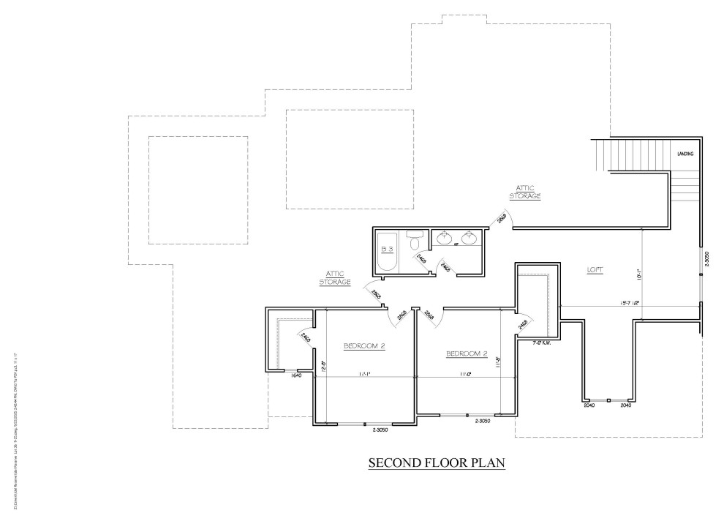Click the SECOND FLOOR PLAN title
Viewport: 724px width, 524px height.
point(437,463)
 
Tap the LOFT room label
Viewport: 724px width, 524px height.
point(595,270)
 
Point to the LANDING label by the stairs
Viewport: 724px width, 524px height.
point(685,154)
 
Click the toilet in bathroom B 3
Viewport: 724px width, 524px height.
point(415,242)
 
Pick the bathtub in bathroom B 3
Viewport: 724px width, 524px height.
point(386,251)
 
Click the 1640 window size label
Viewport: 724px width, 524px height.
point(296,376)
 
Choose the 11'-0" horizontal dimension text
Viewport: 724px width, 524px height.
point(464,375)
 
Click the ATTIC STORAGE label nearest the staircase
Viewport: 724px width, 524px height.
point(526,192)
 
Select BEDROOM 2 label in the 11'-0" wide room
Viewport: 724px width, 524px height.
point(467,354)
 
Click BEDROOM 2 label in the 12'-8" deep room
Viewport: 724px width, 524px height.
point(364,345)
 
